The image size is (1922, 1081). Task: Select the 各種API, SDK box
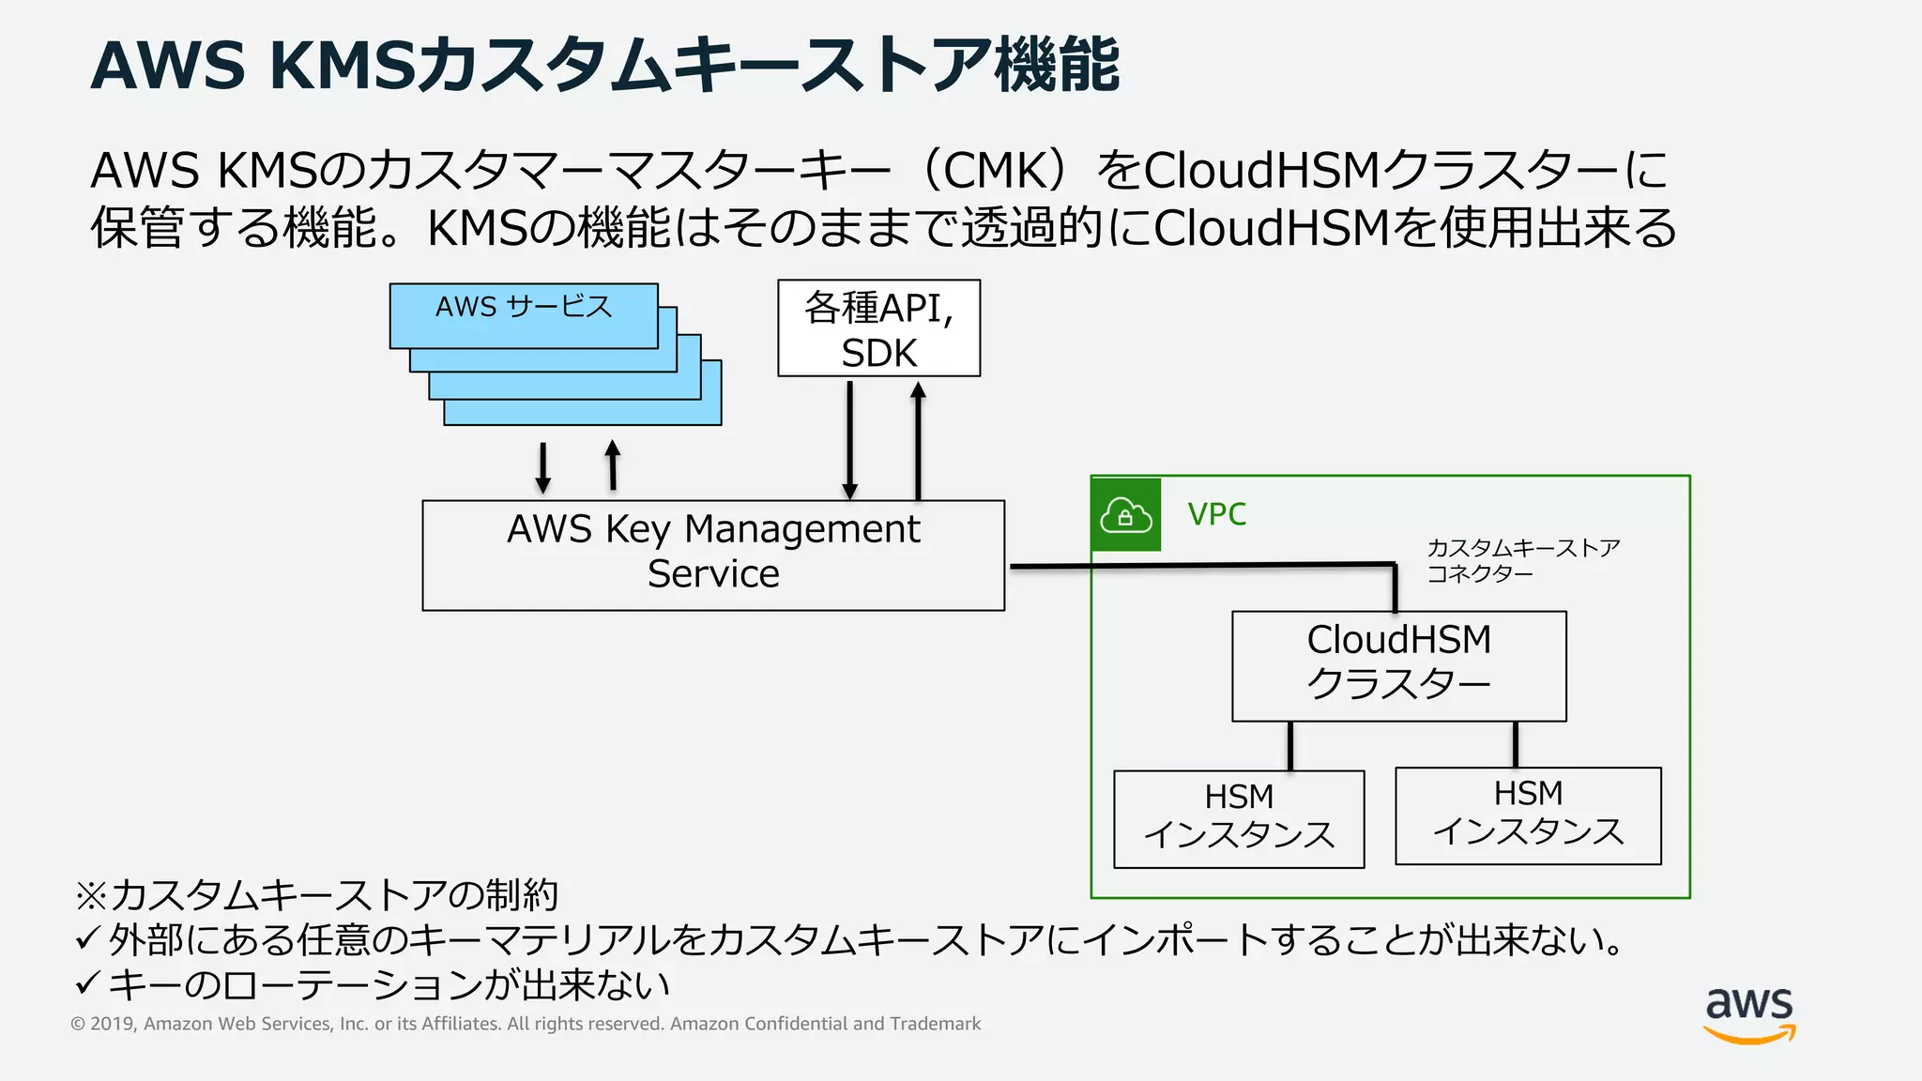coord(878,328)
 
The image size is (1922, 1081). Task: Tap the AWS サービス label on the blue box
coord(524,307)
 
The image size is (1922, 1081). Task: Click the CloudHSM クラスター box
coord(1398,664)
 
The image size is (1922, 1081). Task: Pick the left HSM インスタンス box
coord(1239,818)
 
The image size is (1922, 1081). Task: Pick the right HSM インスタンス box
coord(1528,815)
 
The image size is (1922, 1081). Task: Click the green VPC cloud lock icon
coord(1126,514)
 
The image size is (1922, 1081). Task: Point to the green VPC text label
coord(1216,514)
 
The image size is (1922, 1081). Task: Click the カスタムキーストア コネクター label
coord(1522,560)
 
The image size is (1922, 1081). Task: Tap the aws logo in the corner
coord(1749,1013)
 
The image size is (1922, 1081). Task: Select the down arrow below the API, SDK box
coord(849,439)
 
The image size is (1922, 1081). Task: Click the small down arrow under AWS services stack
coord(542,467)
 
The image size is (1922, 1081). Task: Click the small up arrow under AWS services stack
coord(613,465)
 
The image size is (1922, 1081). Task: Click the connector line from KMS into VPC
coord(1201,565)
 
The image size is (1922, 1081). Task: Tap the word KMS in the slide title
coord(342,66)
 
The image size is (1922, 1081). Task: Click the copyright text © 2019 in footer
coord(103,1024)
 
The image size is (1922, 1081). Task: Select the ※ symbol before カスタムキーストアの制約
coord(91,895)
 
